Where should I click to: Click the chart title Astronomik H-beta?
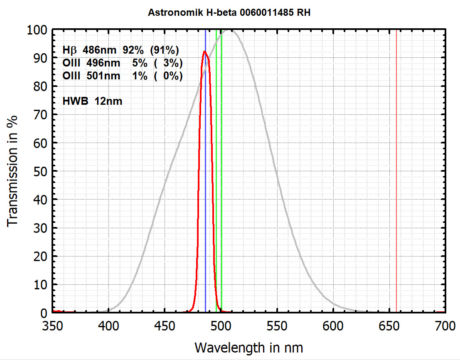point(229,13)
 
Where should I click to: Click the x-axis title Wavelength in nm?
point(248,346)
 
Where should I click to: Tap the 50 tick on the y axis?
point(42,171)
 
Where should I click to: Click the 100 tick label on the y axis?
point(38,30)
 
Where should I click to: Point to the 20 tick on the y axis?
point(42,256)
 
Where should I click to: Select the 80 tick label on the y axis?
point(42,86)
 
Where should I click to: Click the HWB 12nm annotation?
point(92,101)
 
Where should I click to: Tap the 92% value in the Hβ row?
point(133,50)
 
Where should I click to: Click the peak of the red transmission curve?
point(204,52)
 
